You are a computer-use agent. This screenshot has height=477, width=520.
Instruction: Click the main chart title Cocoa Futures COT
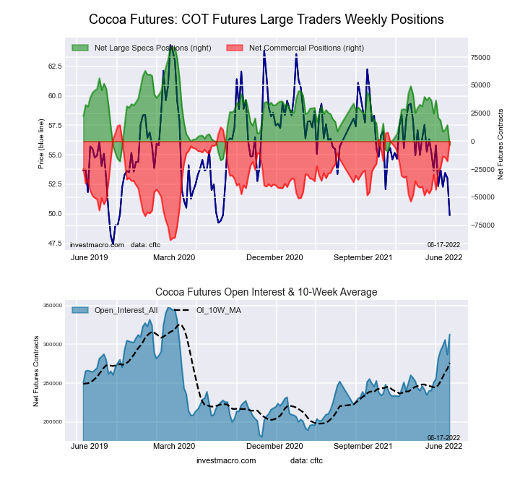[266, 20]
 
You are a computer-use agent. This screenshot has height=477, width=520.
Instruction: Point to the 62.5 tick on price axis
[55, 66]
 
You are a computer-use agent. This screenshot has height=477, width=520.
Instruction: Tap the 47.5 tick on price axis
[55, 244]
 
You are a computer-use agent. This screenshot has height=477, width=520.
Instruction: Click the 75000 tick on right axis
[481, 57]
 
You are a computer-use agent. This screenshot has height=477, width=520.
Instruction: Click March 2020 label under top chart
[175, 257]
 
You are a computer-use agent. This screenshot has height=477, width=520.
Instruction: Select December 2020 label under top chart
[274, 257]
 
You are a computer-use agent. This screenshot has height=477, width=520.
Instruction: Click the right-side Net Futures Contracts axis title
[500, 144]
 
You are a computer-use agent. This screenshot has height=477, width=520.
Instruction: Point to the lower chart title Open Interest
[266, 292]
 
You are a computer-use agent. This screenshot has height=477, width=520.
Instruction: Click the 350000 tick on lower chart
[52, 306]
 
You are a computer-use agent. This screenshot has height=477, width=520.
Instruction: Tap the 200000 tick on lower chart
[52, 422]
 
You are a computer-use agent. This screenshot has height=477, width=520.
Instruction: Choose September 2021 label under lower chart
[363, 447]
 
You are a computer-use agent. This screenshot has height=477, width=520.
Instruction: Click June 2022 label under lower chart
[443, 447]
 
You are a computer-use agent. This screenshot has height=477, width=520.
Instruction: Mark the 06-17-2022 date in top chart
[443, 244]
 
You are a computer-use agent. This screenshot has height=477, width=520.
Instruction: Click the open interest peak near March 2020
[169, 308]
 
